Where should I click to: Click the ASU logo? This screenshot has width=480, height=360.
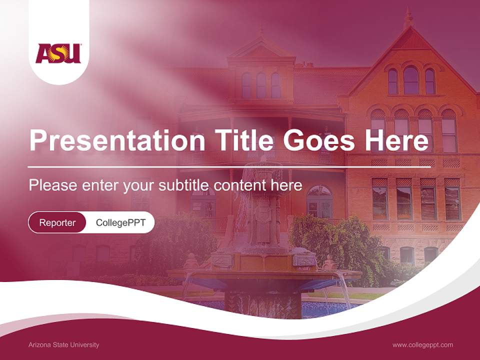pyautogui.click(x=58, y=53)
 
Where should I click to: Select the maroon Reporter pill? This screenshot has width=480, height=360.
pyautogui.click(x=57, y=222)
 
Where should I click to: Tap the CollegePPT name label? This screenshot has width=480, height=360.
pyautogui.click(x=120, y=222)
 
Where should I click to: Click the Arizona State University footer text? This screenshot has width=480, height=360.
pyautogui.click(x=64, y=344)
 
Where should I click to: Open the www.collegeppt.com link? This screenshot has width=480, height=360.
pyautogui.click(x=422, y=344)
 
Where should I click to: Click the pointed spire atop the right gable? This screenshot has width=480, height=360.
pyautogui.click(x=408, y=18)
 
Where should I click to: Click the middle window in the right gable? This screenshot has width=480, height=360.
pyautogui.click(x=411, y=80)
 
